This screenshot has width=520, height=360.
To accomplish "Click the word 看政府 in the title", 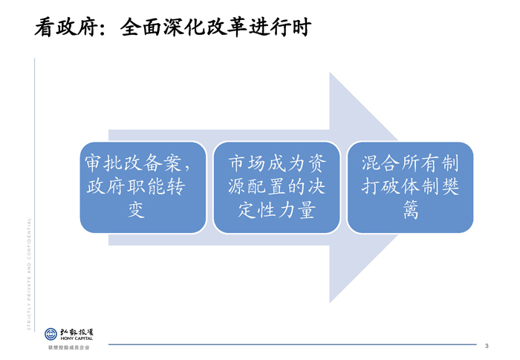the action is pyautogui.click(x=67, y=27).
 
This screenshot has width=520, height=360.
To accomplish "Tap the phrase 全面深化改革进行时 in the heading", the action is pyautogui.click(x=215, y=27).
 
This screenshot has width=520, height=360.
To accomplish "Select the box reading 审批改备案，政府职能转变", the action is pyautogui.click(x=143, y=188).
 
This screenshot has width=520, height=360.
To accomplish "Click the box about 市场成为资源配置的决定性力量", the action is pyautogui.click(x=276, y=188).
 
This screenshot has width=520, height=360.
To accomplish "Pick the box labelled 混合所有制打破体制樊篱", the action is pyautogui.click(x=410, y=188).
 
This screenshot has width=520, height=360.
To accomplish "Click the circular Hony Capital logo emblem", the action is pyautogui.click(x=51, y=334).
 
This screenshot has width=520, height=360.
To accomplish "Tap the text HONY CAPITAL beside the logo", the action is pyautogui.click(x=77, y=338).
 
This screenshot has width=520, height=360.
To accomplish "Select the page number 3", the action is pyautogui.click(x=487, y=346).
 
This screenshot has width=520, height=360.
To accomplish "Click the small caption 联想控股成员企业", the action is pyautogui.click(x=68, y=347).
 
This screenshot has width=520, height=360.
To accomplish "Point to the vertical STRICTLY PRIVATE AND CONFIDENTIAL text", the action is pyautogui.click(x=29, y=274).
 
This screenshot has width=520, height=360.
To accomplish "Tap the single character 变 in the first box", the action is pyautogui.click(x=136, y=209).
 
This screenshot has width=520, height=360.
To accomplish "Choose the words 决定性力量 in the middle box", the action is pyautogui.click(x=276, y=210).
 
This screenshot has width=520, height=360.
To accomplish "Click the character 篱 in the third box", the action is pyautogui.click(x=411, y=209).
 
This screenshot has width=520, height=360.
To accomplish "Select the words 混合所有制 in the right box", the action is pyautogui.click(x=410, y=163).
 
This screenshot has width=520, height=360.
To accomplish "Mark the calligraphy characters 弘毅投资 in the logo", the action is pyautogui.click(x=77, y=332).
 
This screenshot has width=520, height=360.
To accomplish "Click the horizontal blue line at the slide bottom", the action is pyautogui.click(x=292, y=344).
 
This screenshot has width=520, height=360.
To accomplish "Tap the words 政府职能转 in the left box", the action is pyautogui.click(x=136, y=186).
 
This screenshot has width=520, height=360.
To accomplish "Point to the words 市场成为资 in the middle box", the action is pyautogui.click(x=277, y=163).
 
